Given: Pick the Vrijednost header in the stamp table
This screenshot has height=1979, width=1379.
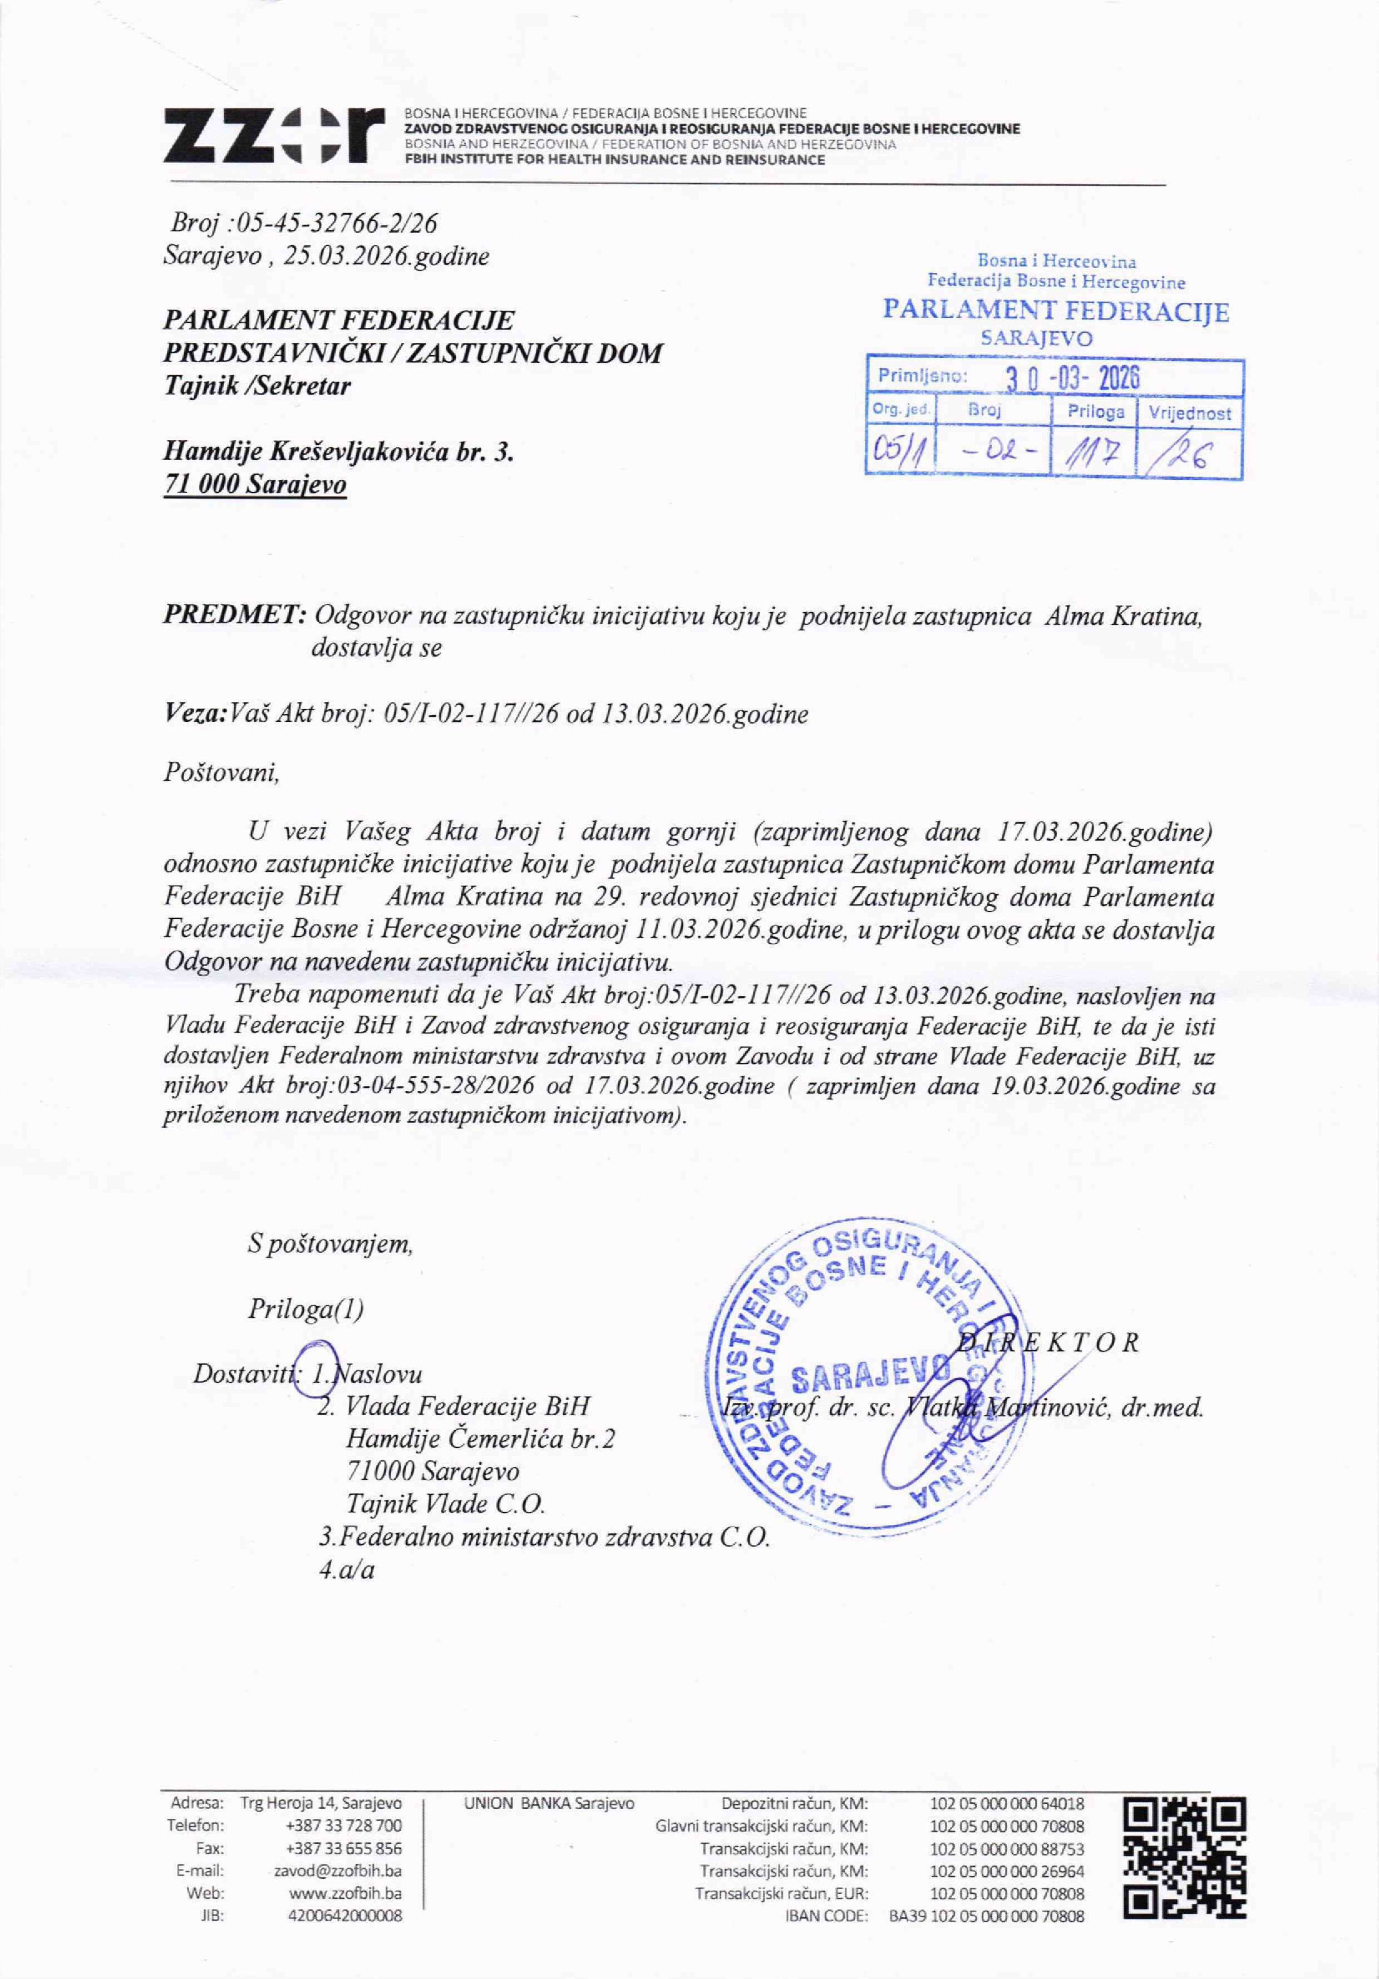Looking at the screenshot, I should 1189,413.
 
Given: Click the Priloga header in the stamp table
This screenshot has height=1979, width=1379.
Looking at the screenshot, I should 1095,411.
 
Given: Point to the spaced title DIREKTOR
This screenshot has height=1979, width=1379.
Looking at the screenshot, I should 1050,1342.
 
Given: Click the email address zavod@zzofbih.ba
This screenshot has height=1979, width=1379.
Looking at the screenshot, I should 338,1871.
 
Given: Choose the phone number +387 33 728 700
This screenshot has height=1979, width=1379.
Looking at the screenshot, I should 343,1825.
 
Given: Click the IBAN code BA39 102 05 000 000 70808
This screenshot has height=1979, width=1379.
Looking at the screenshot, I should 986,1916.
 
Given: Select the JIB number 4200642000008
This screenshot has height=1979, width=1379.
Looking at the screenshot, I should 345,1916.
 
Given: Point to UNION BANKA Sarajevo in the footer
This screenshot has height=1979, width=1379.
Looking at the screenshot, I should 549,1803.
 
